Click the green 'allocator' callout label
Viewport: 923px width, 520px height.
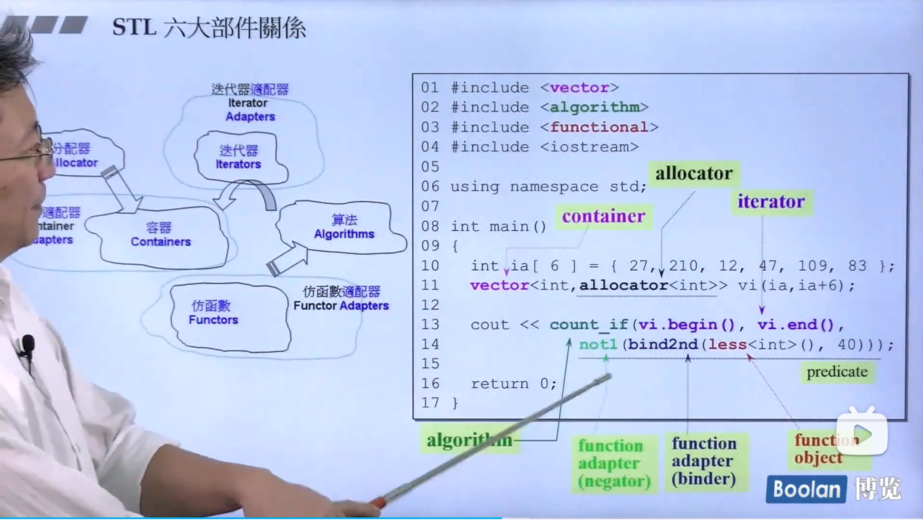pyautogui.click(x=694, y=173)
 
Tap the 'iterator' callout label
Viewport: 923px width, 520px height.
pyautogui.click(x=771, y=201)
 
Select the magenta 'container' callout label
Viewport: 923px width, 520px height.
pyautogui.click(x=603, y=216)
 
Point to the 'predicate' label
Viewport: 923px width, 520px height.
pyautogui.click(x=837, y=371)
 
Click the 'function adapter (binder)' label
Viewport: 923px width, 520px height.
pyautogui.click(x=704, y=461)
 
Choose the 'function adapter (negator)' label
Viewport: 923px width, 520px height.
pyautogui.click(x=613, y=463)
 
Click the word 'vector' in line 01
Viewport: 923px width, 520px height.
pyautogui.click(x=579, y=88)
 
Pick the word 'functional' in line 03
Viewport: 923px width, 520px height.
pyautogui.click(x=599, y=127)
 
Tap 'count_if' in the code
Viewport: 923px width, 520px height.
pyautogui.click(x=588, y=325)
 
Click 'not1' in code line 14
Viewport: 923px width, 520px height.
pyautogui.click(x=598, y=344)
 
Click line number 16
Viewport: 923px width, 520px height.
pyautogui.click(x=430, y=384)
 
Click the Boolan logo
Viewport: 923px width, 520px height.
pyautogui.click(x=806, y=489)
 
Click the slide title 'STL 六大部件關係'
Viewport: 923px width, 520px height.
pyautogui.click(x=209, y=28)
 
